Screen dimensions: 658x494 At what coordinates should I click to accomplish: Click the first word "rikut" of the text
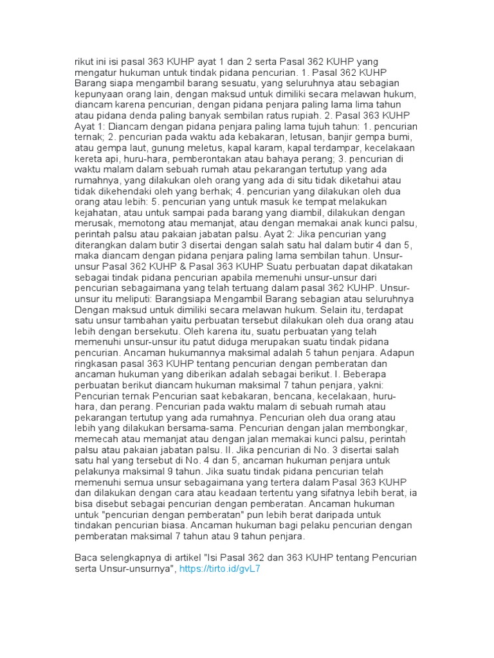tap(85, 62)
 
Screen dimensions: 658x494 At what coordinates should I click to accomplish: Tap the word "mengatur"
tap(96, 73)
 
